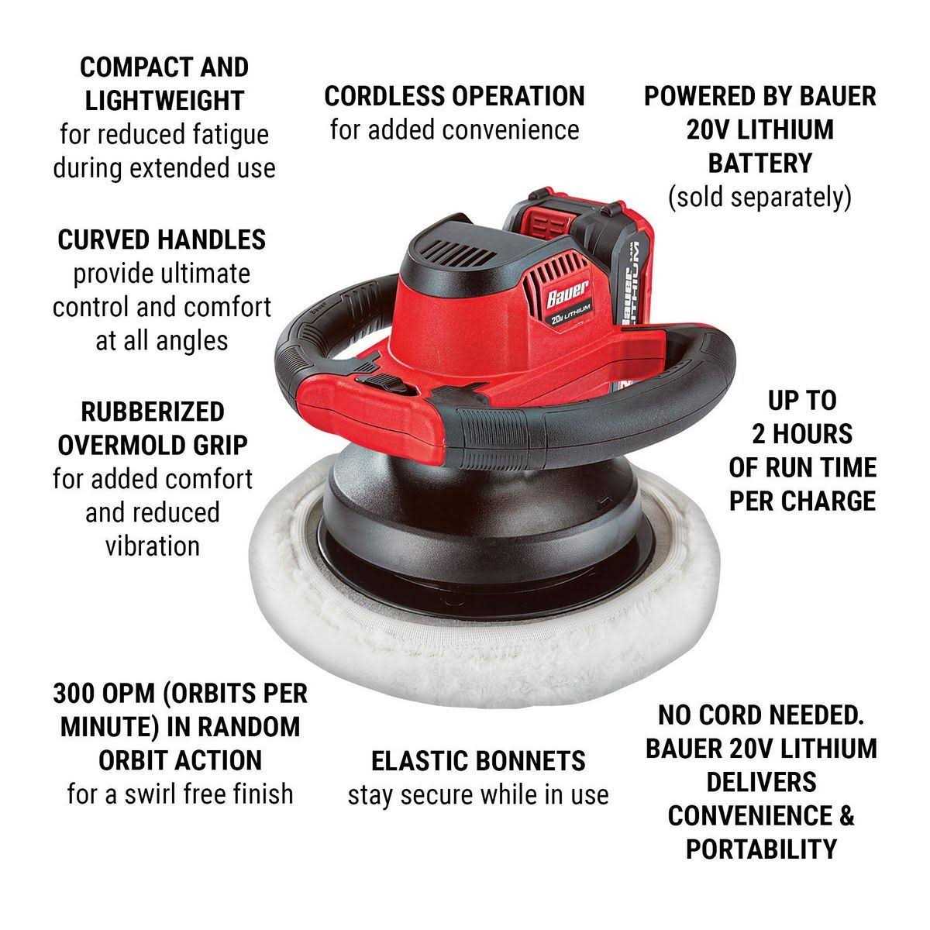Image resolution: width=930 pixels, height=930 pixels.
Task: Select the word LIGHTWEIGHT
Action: click(164, 101)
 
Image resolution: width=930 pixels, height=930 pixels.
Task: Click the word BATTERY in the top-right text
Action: click(759, 164)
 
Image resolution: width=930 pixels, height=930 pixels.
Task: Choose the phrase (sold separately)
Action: click(759, 197)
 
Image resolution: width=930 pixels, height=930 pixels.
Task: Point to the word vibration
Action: click(153, 546)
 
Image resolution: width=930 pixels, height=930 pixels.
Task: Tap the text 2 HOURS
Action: click(802, 434)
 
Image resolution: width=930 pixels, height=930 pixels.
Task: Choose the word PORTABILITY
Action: click(761, 849)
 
